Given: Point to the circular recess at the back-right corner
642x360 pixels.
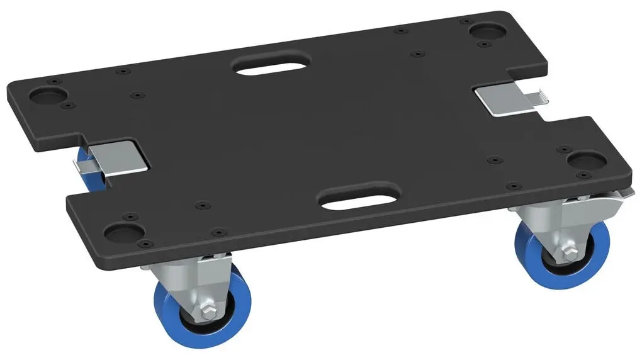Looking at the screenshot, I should [x=487, y=30].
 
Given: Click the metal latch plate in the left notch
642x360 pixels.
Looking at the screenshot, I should [x=120, y=157].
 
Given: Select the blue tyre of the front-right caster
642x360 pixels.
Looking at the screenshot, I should [x=524, y=258].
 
